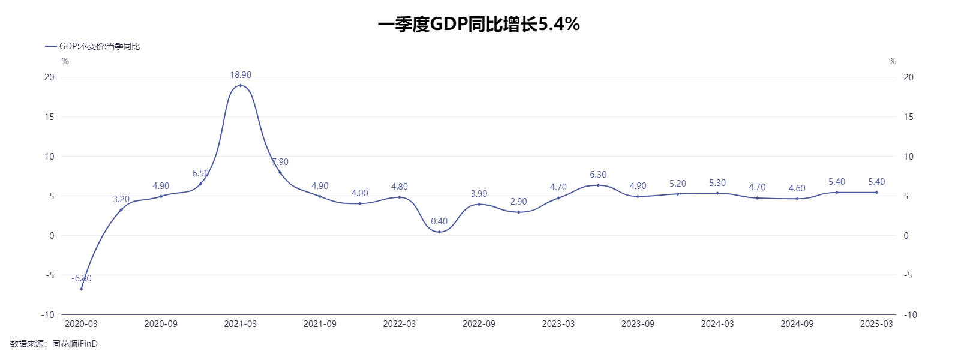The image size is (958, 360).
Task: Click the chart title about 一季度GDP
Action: [478, 24]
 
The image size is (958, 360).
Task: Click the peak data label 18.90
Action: [241, 75]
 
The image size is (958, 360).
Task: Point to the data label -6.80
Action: [82, 278]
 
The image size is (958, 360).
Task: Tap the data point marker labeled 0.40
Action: [439, 232]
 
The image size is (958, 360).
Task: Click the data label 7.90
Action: [280, 162]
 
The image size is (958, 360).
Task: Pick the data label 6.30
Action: [598, 175]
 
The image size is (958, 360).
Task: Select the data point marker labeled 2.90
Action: [518, 212]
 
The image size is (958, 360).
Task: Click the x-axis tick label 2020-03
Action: [81, 324]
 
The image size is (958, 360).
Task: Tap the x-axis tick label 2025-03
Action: [876, 324]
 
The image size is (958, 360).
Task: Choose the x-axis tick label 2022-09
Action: [479, 324]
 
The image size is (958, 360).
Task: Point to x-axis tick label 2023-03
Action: [558, 324]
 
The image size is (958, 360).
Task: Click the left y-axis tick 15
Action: [49, 117]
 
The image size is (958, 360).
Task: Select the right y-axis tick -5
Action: [908, 275]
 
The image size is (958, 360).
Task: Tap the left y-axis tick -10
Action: [47, 315]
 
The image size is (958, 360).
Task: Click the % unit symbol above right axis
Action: [893, 61]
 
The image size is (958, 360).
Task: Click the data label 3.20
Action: [121, 199]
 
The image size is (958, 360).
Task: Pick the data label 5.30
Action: [717, 183]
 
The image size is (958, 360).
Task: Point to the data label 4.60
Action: [797, 188]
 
